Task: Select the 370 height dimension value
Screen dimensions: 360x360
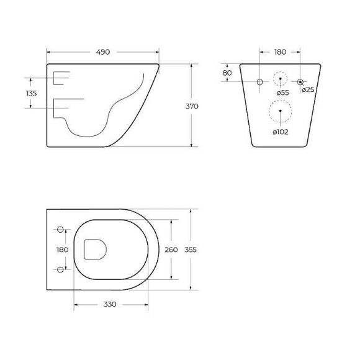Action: click(x=192, y=106)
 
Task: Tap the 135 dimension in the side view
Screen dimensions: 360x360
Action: click(x=32, y=93)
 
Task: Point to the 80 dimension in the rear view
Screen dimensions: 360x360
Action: click(x=227, y=73)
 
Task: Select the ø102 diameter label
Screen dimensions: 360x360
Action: click(x=280, y=131)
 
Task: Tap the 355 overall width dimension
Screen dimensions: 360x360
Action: click(x=191, y=250)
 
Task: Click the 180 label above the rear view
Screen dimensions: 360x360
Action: click(x=280, y=53)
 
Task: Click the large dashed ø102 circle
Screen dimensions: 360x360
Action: click(x=280, y=112)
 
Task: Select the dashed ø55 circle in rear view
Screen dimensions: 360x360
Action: click(x=281, y=81)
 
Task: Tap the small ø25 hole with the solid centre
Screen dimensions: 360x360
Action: click(x=301, y=82)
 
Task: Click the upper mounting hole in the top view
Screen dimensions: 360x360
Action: click(x=61, y=230)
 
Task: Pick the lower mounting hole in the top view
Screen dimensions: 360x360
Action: click(x=61, y=269)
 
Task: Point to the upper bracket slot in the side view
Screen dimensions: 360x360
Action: click(x=62, y=78)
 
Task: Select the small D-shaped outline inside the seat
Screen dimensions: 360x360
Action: click(x=95, y=250)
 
